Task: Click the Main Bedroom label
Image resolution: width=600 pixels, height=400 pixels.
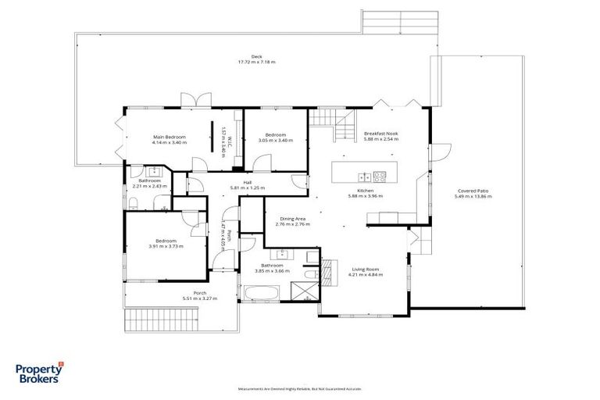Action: coord(168,137)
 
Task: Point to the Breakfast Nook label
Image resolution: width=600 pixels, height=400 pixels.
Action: coord(381,134)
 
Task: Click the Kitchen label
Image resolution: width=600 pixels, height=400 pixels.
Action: coord(366,191)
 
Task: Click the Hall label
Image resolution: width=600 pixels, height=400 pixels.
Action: coord(248,183)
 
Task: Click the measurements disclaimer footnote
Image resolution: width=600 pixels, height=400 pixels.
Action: coord(300,387)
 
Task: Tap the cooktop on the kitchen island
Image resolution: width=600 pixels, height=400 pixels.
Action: coord(381,176)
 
